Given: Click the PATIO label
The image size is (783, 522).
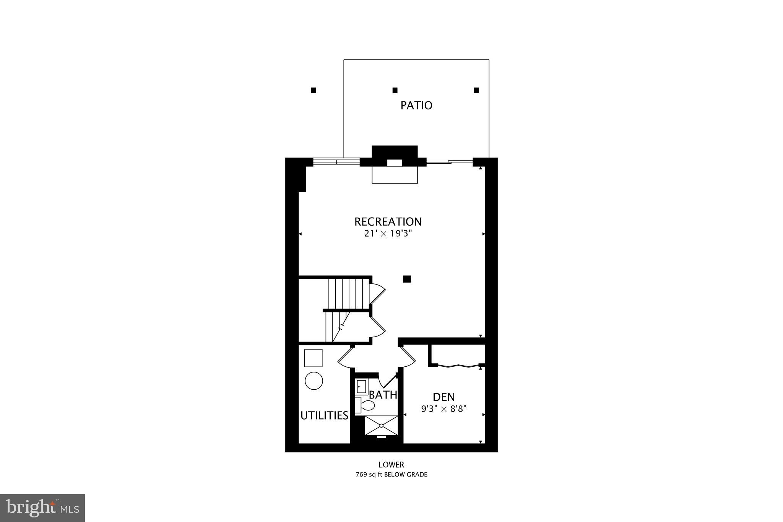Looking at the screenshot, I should [x=416, y=105].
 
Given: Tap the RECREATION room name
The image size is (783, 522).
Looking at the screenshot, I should [x=388, y=221].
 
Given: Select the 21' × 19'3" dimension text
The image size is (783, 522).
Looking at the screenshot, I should [x=388, y=234].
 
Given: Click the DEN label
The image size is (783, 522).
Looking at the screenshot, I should [x=443, y=397].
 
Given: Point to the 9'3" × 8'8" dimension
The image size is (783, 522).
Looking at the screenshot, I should [x=443, y=409].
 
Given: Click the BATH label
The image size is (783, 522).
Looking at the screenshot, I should [x=383, y=395].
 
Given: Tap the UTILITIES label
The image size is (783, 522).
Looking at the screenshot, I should [x=324, y=415].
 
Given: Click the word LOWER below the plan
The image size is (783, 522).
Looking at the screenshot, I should [x=391, y=465].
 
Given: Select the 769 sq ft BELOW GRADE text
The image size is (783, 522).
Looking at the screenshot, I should [x=391, y=475].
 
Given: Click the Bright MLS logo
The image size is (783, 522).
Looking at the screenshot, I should [x=42, y=508].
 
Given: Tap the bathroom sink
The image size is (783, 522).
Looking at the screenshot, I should [x=361, y=387].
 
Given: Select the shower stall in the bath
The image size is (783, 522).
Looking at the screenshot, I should [x=381, y=425].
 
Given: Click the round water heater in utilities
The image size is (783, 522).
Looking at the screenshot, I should [x=314, y=381].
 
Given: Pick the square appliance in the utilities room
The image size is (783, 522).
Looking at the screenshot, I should [x=313, y=358].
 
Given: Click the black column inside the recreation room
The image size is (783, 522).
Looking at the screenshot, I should [x=407, y=279].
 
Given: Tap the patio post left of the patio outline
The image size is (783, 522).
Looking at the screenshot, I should [x=314, y=90].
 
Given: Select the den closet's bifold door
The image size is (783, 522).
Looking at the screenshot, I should [x=458, y=366].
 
